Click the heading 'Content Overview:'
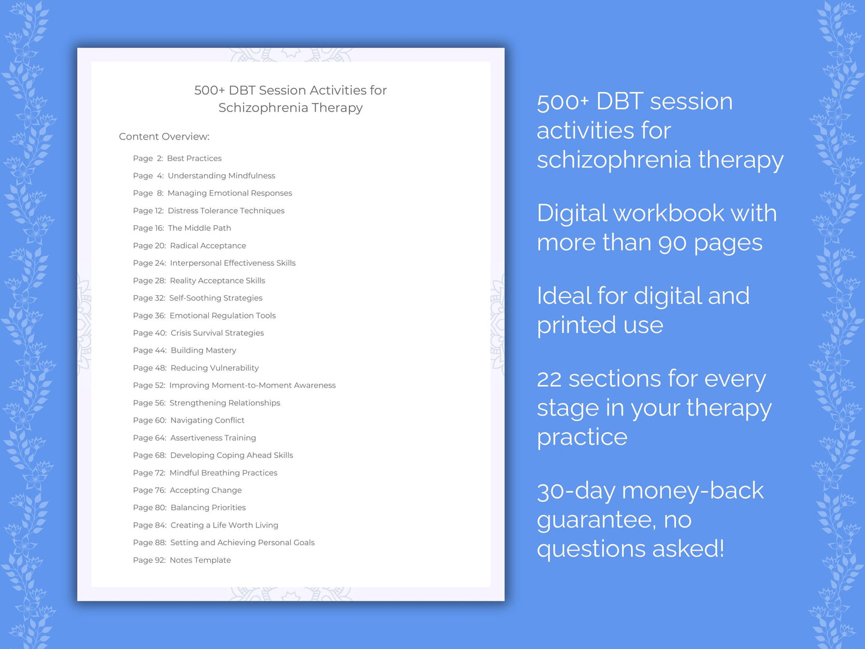(x=164, y=137)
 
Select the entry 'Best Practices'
(x=194, y=158)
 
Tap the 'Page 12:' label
(x=148, y=211)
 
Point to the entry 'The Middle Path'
(x=199, y=228)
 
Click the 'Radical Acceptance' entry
(x=208, y=245)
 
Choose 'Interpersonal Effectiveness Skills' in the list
(x=232, y=263)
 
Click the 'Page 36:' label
(x=149, y=316)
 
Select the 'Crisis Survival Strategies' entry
(x=217, y=333)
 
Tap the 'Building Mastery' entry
(x=203, y=350)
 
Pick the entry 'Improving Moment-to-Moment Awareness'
(x=252, y=386)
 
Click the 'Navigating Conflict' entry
(x=207, y=420)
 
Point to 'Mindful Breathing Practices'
(x=223, y=473)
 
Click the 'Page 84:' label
(x=150, y=525)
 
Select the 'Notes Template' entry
(x=200, y=560)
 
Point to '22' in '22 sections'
(x=549, y=379)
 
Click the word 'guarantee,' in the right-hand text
(x=596, y=520)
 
